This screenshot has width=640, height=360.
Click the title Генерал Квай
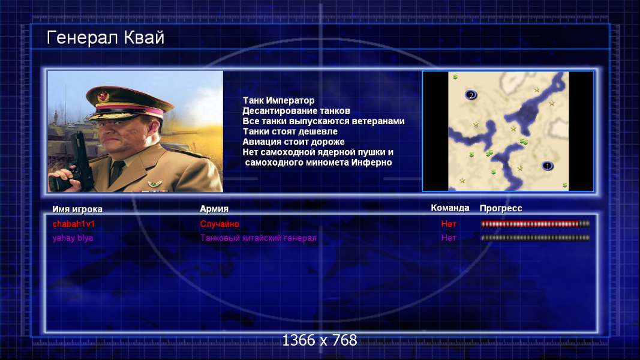tap(106, 38)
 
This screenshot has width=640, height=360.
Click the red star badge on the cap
tap(103, 97)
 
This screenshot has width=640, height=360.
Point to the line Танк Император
tap(279, 100)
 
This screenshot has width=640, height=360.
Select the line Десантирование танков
tap(296, 110)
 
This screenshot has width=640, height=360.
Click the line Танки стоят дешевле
tap(290, 131)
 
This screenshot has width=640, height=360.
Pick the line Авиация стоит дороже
tap(293, 142)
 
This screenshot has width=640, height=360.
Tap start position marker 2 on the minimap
tap(471, 95)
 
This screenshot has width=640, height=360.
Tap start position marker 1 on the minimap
tap(548, 166)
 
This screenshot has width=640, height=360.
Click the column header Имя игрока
tap(77, 209)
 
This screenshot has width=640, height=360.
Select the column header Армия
tap(214, 209)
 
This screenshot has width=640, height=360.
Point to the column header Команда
tap(450, 208)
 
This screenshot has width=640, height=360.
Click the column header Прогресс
tap(501, 208)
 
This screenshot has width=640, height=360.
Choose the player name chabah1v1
tap(73, 224)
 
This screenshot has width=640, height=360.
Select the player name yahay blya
tap(73, 238)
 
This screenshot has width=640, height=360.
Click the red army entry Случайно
tap(220, 224)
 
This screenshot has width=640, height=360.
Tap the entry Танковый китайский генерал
tap(259, 238)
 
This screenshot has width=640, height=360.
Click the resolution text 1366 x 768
tap(320, 340)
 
